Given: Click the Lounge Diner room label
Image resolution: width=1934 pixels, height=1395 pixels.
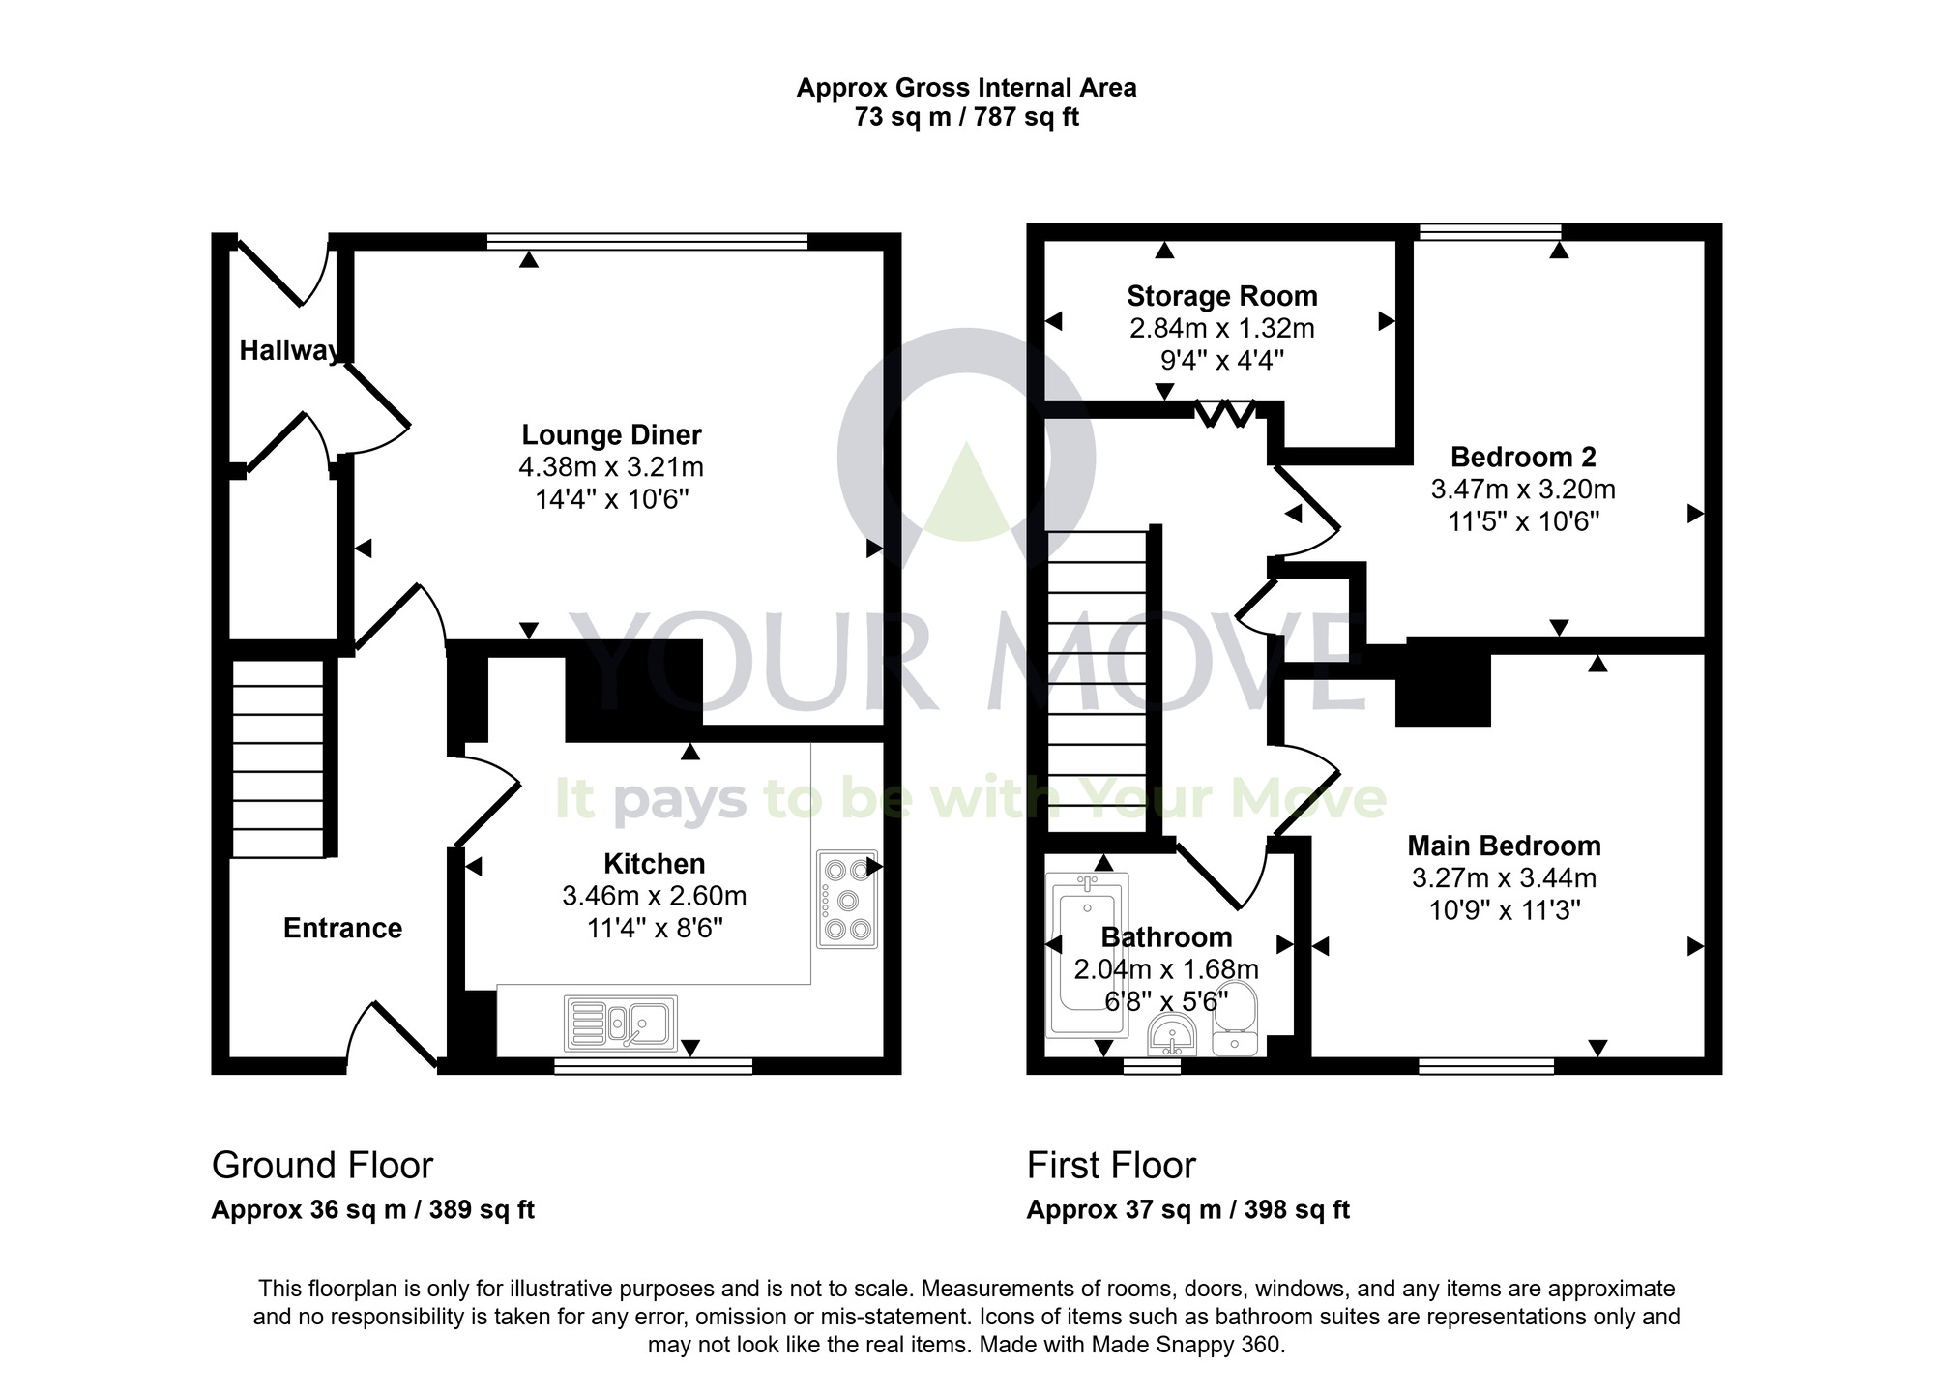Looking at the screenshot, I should coord(611,434).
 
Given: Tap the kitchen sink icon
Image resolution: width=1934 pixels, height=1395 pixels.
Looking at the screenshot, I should coord(621,1024).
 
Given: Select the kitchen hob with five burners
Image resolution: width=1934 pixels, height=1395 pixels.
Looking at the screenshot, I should coord(847,900).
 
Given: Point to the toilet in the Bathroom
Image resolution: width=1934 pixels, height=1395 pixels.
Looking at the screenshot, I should coord(1234,1018).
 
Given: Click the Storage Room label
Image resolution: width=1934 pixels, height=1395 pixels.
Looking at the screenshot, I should coord(1221,296).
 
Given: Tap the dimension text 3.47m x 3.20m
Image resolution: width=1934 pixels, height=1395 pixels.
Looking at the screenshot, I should coord(1522,490).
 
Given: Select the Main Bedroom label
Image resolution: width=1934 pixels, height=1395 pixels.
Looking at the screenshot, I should coord(1504,846).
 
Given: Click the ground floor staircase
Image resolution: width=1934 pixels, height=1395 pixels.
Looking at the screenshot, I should coord(278,757).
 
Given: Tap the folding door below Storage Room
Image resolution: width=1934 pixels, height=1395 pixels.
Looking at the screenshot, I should coord(1224,414).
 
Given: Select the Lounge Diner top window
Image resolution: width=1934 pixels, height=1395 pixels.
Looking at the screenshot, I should coord(647,242).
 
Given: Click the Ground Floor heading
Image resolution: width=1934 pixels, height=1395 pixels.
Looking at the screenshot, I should coord(322,1165).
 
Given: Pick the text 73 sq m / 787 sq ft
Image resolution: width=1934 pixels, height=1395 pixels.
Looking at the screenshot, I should coord(966,118).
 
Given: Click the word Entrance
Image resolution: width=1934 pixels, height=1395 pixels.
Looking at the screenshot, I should coord(342,928).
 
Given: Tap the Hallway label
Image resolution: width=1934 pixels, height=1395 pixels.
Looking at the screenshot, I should coord(288,350).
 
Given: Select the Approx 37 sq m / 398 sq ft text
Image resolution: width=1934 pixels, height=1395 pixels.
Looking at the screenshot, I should coord(1187,1209).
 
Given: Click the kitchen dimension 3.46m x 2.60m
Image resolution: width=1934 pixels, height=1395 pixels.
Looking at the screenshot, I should coord(654,896).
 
